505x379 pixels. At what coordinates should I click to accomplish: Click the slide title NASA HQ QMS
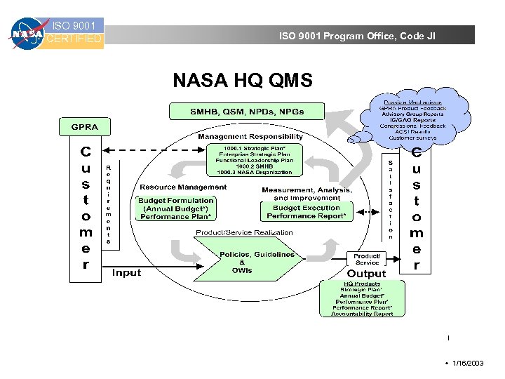[243, 81]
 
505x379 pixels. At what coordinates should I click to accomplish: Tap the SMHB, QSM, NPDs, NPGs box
[246, 112]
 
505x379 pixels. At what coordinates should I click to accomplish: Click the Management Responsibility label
[250, 136]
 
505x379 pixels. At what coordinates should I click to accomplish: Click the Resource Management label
[183, 187]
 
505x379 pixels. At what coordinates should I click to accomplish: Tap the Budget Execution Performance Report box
[307, 212]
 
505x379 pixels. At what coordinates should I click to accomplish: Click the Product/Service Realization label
[245, 232]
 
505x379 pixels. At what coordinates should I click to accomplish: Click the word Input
[127, 272]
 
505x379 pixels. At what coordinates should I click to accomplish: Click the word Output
[366, 273]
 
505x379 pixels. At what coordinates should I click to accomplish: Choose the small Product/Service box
[368, 260]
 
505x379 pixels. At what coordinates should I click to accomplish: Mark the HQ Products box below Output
[363, 298]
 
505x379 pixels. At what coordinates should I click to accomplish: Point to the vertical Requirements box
[107, 204]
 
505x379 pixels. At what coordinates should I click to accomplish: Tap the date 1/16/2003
[468, 363]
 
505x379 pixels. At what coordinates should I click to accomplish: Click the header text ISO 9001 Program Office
[357, 35]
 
